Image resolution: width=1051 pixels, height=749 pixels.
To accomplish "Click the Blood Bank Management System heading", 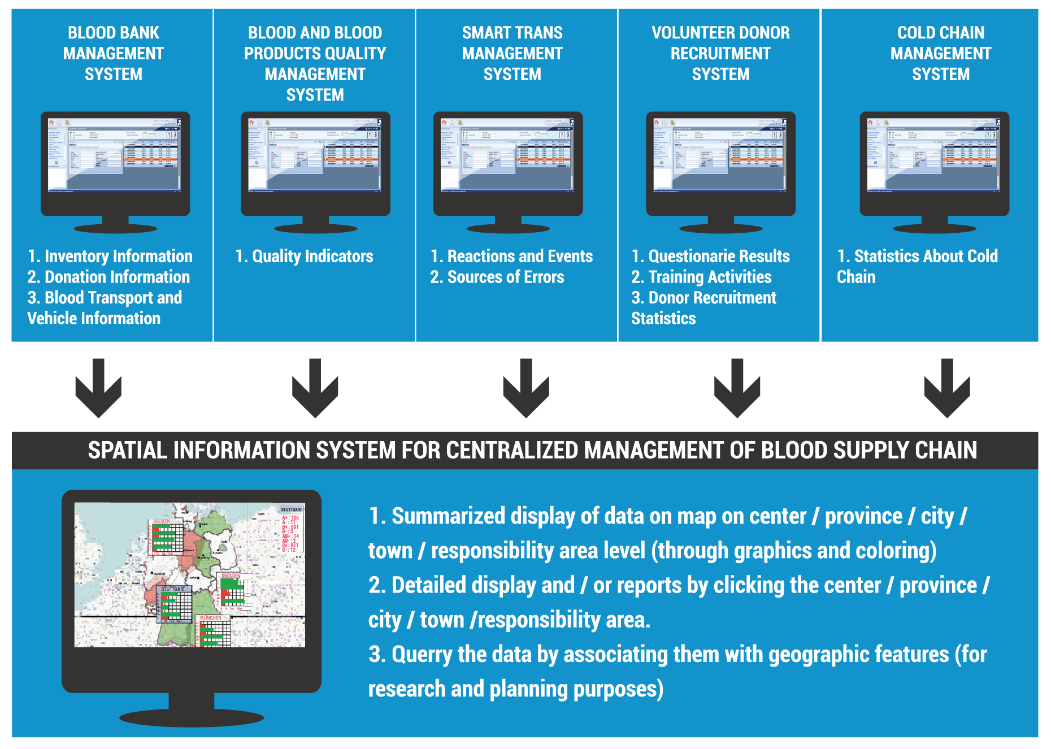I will [113, 53].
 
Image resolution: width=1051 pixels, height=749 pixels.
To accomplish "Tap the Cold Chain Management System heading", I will [940, 53].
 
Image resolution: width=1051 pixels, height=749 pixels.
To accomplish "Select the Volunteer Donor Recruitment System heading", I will [720, 53].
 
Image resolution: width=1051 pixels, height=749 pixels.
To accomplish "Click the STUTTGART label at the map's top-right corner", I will [292, 510].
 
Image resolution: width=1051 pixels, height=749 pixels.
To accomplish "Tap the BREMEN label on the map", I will [162, 521].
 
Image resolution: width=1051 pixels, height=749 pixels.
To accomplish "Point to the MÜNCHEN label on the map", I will [211, 618].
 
